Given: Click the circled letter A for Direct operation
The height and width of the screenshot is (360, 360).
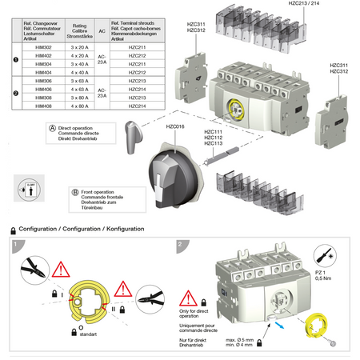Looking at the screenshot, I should pyautogui.click(x=53, y=128).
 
